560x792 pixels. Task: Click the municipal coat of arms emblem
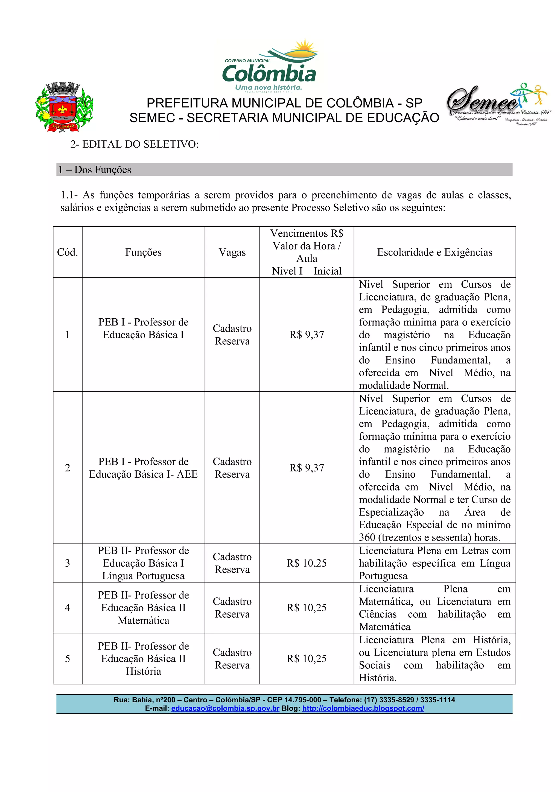65,107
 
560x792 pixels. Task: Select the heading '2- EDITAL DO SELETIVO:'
135,144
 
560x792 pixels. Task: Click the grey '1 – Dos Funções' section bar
284,169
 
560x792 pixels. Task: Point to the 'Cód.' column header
67,252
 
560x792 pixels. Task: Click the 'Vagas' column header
232,252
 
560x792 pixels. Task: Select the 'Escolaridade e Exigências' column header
434,252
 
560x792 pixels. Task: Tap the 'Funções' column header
143,252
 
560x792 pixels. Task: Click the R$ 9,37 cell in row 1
307,335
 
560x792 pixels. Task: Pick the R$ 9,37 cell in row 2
307,468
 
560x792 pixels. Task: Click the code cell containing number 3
67,563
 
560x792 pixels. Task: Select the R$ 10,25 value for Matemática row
307,608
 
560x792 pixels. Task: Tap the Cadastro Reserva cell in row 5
232,659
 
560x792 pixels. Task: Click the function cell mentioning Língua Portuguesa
143,563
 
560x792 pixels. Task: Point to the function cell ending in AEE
143,468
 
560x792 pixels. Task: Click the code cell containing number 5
67,659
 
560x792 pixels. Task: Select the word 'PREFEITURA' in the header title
187,103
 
